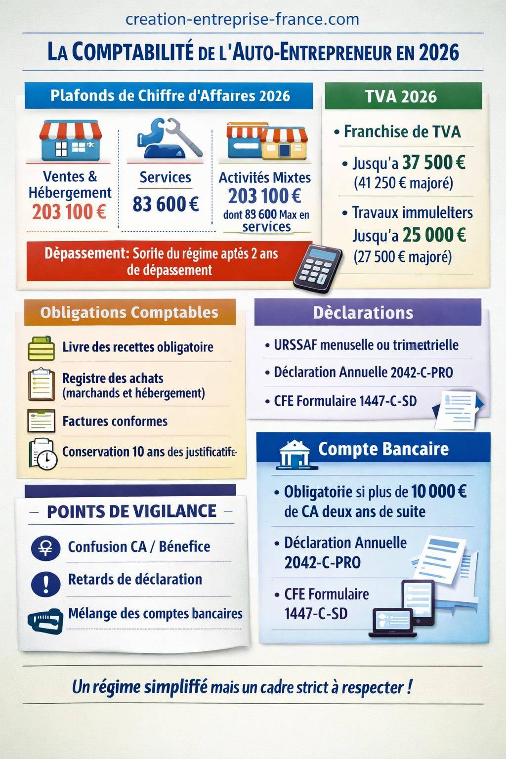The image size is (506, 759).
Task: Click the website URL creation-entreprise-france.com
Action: tap(242, 19)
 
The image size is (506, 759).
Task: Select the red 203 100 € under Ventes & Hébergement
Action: tap(69, 212)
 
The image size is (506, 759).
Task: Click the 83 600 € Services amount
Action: tap(166, 204)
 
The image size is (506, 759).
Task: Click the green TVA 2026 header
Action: tap(401, 96)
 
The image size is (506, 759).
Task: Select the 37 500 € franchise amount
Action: tap(434, 163)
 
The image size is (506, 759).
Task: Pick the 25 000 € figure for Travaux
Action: tap(434, 235)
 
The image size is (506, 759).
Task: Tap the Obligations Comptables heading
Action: tap(129, 312)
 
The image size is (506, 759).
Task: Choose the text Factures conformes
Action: tap(115, 421)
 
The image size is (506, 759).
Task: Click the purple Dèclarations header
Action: tap(363, 313)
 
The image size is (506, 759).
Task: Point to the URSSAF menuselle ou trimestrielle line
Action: tap(366, 345)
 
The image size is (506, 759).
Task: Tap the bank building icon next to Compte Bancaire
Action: tap(295, 453)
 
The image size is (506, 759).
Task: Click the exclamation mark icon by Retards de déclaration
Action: tap(45, 584)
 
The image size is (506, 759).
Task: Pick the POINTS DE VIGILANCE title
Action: tap(131, 511)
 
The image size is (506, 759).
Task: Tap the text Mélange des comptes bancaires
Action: tap(155, 614)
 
